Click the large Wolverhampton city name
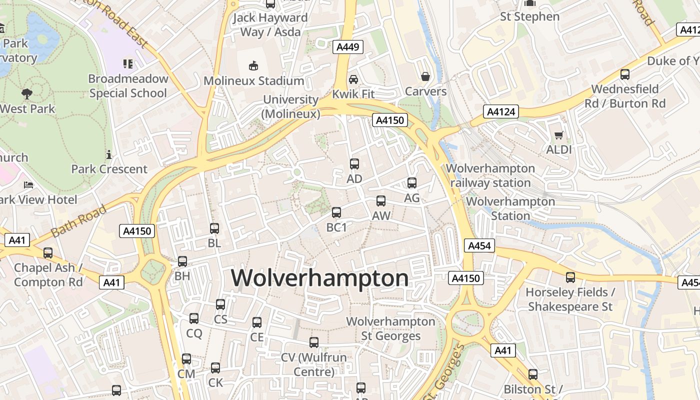tap(319, 278)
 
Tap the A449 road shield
tap(348, 47)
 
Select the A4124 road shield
tap(501, 111)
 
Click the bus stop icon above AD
tap(354, 163)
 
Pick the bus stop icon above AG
tap(412, 183)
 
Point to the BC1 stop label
tap(336, 227)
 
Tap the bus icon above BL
tap(214, 228)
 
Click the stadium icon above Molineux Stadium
tap(254, 65)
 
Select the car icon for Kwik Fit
tap(353, 79)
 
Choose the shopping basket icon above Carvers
tap(425, 76)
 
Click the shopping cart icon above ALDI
tap(559, 135)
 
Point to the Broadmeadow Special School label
tap(128, 86)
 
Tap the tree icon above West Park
tap(26, 93)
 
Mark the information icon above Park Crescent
tap(109, 154)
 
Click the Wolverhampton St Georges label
tap(391, 328)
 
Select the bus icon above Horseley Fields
tap(570, 277)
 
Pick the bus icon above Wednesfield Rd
tap(625, 74)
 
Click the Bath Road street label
tap(79, 220)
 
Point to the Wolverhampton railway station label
tap(490, 175)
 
